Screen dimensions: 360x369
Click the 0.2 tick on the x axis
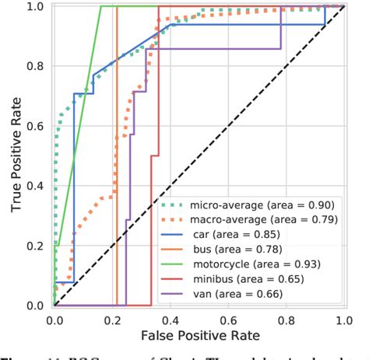pyautogui.click(x=112, y=320)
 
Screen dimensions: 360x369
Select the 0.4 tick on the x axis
pyautogui.click(x=170, y=320)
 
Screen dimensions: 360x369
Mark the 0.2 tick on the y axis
pyautogui.click(x=36, y=246)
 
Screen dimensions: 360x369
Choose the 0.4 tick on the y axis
pyautogui.click(x=36, y=187)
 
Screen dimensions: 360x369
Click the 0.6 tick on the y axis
pyautogui.click(x=36, y=127)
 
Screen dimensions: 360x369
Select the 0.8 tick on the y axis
pyautogui.click(x=36, y=67)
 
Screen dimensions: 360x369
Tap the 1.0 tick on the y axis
pyautogui.click(x=36, y=7)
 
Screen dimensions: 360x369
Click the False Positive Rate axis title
pyautogui.click(x=199, y=336)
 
